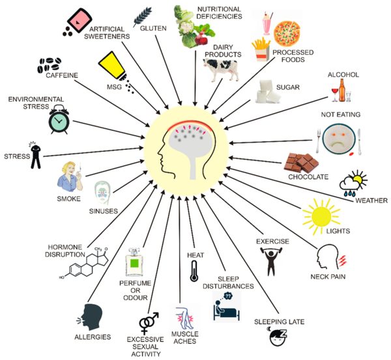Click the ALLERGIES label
pyautogui.click(x=92, y=337)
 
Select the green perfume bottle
pyautogui.click(x=134, y=264)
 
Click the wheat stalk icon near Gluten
pyautogui.click(x=143, y=15)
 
